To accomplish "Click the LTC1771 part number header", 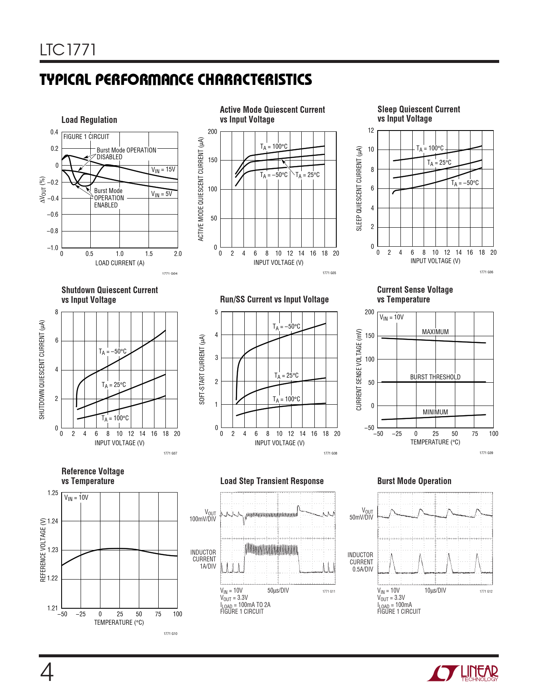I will pos(68,50).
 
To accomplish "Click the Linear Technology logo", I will pos(462,673).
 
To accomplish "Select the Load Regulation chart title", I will pos(89,120).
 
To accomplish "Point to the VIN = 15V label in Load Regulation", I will pos(163,170).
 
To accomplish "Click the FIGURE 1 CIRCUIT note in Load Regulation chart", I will pos(86,137).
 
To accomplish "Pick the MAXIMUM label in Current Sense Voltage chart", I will pos(435,332).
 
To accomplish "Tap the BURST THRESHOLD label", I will pos(435,377).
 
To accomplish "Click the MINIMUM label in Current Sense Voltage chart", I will pos(435,412).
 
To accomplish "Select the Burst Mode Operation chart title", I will pos(414,481).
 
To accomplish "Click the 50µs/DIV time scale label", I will pos(278,591).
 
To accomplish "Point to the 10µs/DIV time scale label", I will pos(435,591).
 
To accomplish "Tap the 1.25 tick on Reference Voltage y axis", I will pos(53,493).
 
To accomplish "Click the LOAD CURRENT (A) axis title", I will pos(120,263).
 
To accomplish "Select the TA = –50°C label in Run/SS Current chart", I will pos(287,327).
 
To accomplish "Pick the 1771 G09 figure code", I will pos(486,453).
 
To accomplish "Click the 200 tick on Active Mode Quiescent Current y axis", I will pos(213,132).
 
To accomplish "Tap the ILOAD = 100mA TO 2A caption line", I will pos(245,605).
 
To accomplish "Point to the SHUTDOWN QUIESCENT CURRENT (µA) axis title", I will pos(42,370).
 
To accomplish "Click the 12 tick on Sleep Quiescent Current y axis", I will pos(371,131).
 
